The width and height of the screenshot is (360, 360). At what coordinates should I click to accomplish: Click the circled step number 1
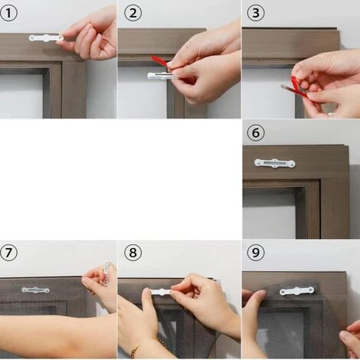tap(8, 13)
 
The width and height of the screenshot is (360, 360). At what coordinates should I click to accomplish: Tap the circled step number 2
tap(133, 13)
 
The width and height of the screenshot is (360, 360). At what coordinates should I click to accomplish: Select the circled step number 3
tap(256, 13)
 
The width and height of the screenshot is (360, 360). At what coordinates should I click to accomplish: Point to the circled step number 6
tap(256, 133)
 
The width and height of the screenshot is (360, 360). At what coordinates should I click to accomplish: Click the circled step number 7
tap(8, 253)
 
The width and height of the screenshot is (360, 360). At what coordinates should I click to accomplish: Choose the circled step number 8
tap(133, 253)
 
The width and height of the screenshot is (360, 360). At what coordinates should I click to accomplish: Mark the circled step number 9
tap(256, 253)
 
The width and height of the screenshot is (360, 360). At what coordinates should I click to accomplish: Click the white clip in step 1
tap(46, 38)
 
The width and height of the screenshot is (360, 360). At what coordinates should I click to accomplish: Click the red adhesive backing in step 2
tap(159, 61)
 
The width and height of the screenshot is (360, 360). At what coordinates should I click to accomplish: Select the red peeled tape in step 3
tap(298, 87)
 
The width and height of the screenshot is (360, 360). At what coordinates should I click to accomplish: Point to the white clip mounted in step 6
tap(274, 163)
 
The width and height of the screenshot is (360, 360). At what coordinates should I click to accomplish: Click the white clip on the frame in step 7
tap(35, 290)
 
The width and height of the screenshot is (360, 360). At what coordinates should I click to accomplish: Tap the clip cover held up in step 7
tap(106, 273)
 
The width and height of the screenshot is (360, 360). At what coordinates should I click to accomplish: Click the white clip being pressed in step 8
tap(160, 292)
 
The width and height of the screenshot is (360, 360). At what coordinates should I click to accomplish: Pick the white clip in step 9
tap(296, 291)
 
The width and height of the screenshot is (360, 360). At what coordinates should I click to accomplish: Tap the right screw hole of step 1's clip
tap(61, 38)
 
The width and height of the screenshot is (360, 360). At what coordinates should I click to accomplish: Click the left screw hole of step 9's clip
tap(283, 291)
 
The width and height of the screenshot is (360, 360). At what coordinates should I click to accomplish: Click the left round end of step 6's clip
tap(258, 162)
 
